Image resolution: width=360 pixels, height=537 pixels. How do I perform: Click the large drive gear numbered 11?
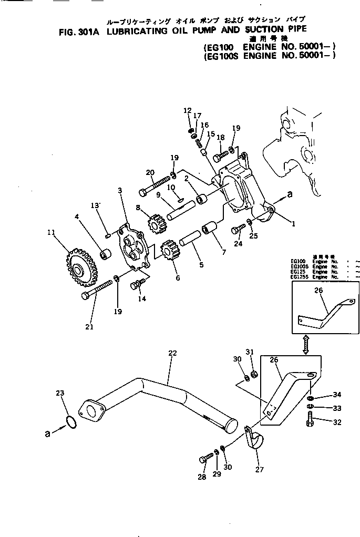coord(76,270)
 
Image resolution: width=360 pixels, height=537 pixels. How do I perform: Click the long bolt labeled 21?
coord(98,290)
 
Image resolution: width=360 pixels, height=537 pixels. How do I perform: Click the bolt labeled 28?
coord(205,458)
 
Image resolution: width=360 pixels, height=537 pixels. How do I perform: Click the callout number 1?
coord(293,223)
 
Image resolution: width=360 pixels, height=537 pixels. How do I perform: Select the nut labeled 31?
coord(253,374)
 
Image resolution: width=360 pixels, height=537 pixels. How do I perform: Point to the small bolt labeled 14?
coord(138,284)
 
